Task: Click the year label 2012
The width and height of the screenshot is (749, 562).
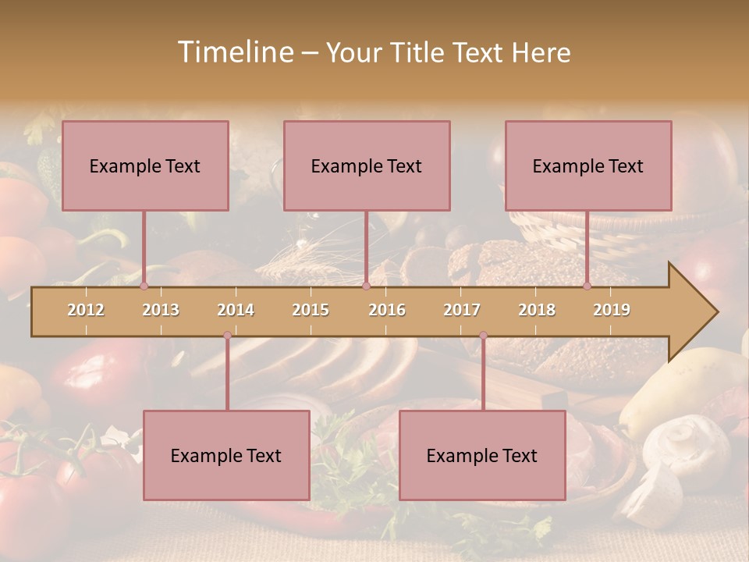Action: coord(86,310)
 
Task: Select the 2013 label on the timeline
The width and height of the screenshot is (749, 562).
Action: coord(161,310)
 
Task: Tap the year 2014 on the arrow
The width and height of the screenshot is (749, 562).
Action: coord(236,310)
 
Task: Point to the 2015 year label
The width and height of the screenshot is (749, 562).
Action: coord(311,310)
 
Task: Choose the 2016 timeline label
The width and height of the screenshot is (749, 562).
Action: coord(387,310)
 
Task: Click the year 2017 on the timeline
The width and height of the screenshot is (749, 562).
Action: coord(462,310)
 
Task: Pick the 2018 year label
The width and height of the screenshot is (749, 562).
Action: coord(537,310)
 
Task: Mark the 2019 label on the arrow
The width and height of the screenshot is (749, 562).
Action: coord(612,310)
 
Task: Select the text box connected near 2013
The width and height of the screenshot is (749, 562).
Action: coord(145,165)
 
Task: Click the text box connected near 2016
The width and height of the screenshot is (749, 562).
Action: coord(367,165)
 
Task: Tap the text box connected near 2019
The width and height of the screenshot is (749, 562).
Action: coord(588,165)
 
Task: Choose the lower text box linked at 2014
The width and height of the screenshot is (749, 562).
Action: coord(226,455)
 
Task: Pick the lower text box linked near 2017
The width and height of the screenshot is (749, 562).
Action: coord(482,455)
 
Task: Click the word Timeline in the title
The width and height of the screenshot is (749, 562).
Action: coord(234,52)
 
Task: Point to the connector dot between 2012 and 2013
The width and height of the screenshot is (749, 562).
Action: coord(144,286)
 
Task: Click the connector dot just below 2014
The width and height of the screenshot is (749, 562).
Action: coord(227,336)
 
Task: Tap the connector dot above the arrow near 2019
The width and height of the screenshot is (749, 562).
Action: coord(587,286)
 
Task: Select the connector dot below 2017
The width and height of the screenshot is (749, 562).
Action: coord(483,336)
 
